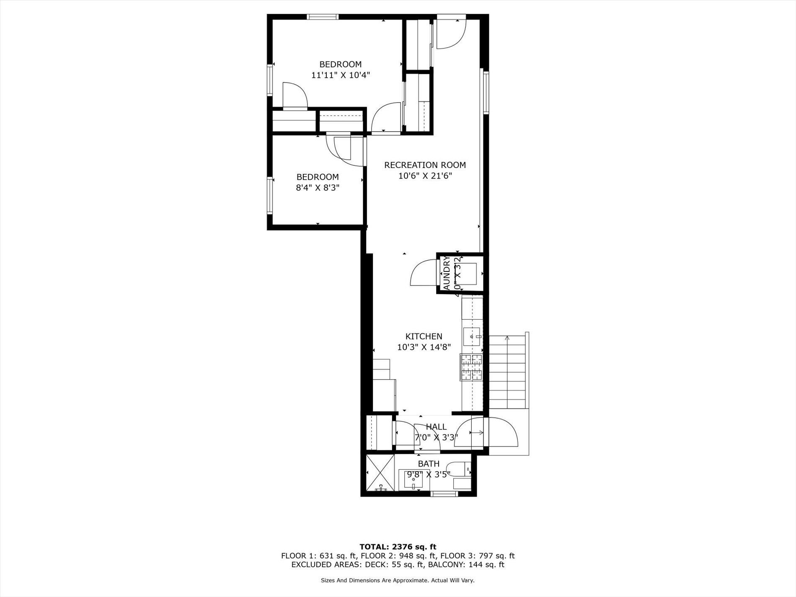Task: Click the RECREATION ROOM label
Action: click(425, 165)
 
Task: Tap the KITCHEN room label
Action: click(424, 336)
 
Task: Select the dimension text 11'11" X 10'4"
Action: click(340, 75)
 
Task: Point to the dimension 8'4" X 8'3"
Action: click(318, 188)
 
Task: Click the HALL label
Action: click(436, 427)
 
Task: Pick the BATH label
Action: click(429, 464)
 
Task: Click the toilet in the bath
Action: click(460, 469)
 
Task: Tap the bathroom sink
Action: click(414, 478)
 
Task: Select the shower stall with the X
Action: click(380, 472)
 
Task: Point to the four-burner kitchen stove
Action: click(471, 367)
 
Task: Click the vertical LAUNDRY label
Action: click(447, 273)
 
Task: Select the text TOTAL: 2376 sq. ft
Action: click(398, 547)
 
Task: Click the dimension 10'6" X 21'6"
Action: click(425, 176)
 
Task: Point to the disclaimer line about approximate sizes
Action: click(398, 581)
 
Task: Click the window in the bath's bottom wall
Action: click(445, 494)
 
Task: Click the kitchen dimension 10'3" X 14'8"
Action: click(424, 347)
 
